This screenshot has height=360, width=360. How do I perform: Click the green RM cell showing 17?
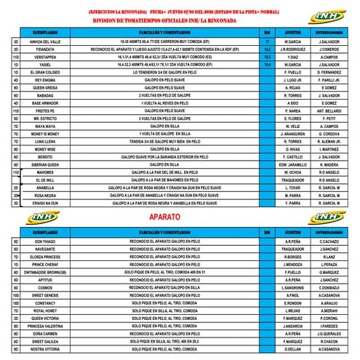click(268, 42)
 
